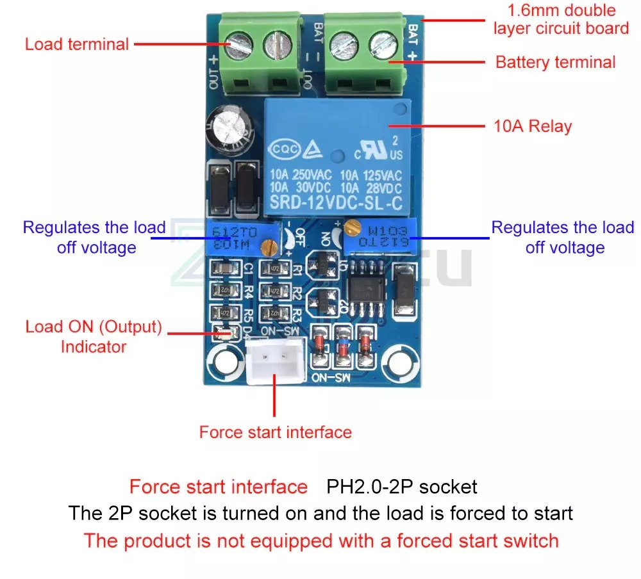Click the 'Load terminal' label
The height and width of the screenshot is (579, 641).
pyautogui.click(x=77, y=44)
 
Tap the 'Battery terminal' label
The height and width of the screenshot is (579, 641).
pyautogui.click(x=555, y=62)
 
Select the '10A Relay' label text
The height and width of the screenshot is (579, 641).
pyautogui.click(x=532, y=126)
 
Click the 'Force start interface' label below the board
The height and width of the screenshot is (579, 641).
pyautogui.click(x=275, y=432)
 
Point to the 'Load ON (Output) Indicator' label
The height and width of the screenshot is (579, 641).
pyautogui.click(x=94, y=337)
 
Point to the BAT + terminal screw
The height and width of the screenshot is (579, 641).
pyautogui.click(x=378, y=45)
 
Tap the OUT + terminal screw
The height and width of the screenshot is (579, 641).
pyautogui.click(x=236, y=46)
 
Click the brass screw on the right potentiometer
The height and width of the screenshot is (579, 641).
pyautogui.click(x=351, y=226)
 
